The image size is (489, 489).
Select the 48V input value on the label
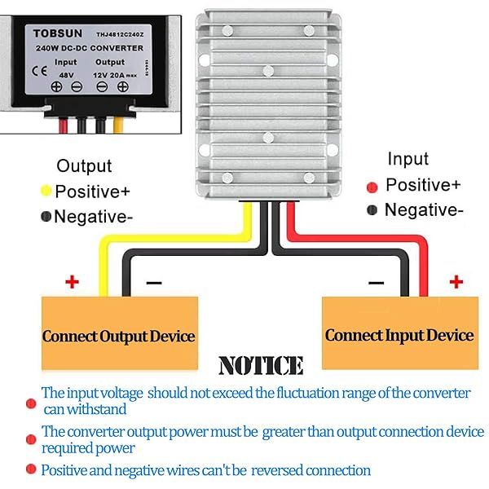point(66,72)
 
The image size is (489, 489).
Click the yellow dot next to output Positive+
point(46,192)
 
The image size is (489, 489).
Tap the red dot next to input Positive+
point(372,186)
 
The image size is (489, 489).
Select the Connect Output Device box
point(119,335)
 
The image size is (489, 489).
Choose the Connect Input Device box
point(399,334)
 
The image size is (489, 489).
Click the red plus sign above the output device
point(72,282)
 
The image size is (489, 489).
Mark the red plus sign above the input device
point(456,282)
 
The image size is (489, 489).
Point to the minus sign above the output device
point(154,283)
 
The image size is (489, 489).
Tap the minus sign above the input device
point(376,283)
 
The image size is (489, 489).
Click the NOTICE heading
point(261,365)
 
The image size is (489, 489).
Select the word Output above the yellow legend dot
point(84,166)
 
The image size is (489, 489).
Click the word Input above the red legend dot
point(407,159)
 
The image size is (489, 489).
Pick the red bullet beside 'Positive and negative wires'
point(31,469)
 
